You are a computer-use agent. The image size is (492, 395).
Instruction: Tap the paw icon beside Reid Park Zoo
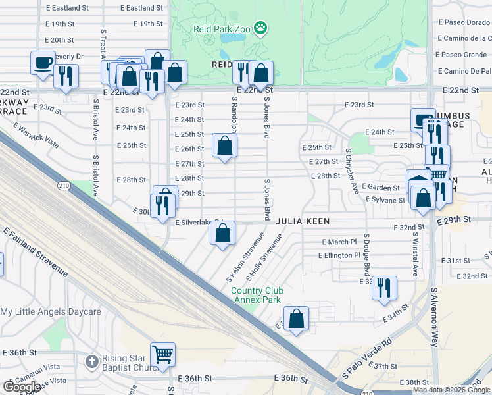click(x=261, y=28)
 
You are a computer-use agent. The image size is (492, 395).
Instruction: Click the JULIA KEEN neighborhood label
click(x=303, y=222)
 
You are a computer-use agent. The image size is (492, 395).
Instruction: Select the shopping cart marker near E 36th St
click(x=162, y=354)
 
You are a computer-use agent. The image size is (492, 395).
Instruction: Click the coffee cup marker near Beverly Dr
click(x=43, y=63)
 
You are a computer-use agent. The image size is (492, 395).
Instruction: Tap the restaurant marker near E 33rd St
click(x=384, y=288)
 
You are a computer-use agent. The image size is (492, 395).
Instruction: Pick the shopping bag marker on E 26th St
click(x=224, y=145)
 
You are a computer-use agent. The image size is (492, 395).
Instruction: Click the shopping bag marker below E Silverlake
click(x=223, y=232)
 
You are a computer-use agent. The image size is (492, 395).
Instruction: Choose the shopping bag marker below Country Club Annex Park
click(x=296, y=318)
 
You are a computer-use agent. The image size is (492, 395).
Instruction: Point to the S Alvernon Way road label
click(x=434, y=316)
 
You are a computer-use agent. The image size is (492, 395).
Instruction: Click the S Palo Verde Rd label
click(x=366, y=359)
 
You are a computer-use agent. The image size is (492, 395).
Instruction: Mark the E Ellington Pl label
click(x=339, y=255)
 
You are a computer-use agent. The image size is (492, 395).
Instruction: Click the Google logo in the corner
click(x=22, y=386)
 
